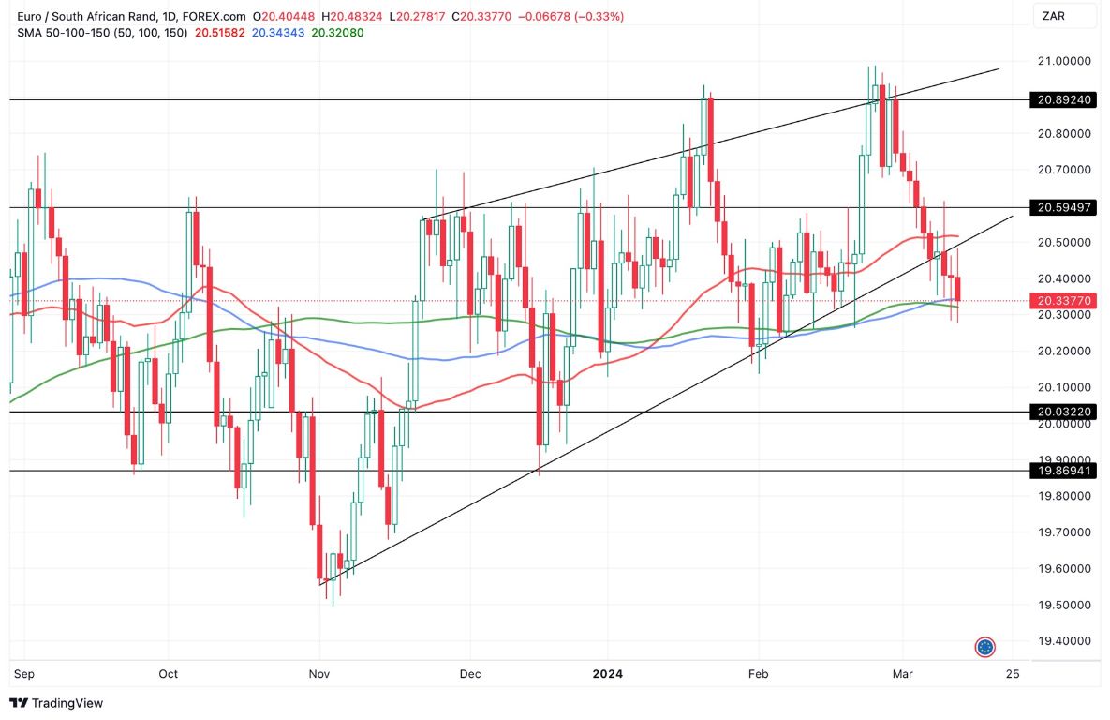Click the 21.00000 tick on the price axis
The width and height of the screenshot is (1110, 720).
point(1064,61)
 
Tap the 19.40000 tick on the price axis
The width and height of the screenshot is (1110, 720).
point(1064,641)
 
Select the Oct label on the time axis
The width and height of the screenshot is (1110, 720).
point(168,674)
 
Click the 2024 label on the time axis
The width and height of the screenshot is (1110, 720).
point(607,674)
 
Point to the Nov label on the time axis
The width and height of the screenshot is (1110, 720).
point(320,674)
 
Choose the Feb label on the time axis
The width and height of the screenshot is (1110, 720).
point(758,674)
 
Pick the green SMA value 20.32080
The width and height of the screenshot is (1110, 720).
point(337,33)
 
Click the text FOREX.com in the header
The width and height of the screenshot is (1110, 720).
point(215,17)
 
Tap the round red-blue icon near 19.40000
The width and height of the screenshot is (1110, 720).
point(984,647)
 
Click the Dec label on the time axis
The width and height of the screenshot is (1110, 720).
point(470,674)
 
